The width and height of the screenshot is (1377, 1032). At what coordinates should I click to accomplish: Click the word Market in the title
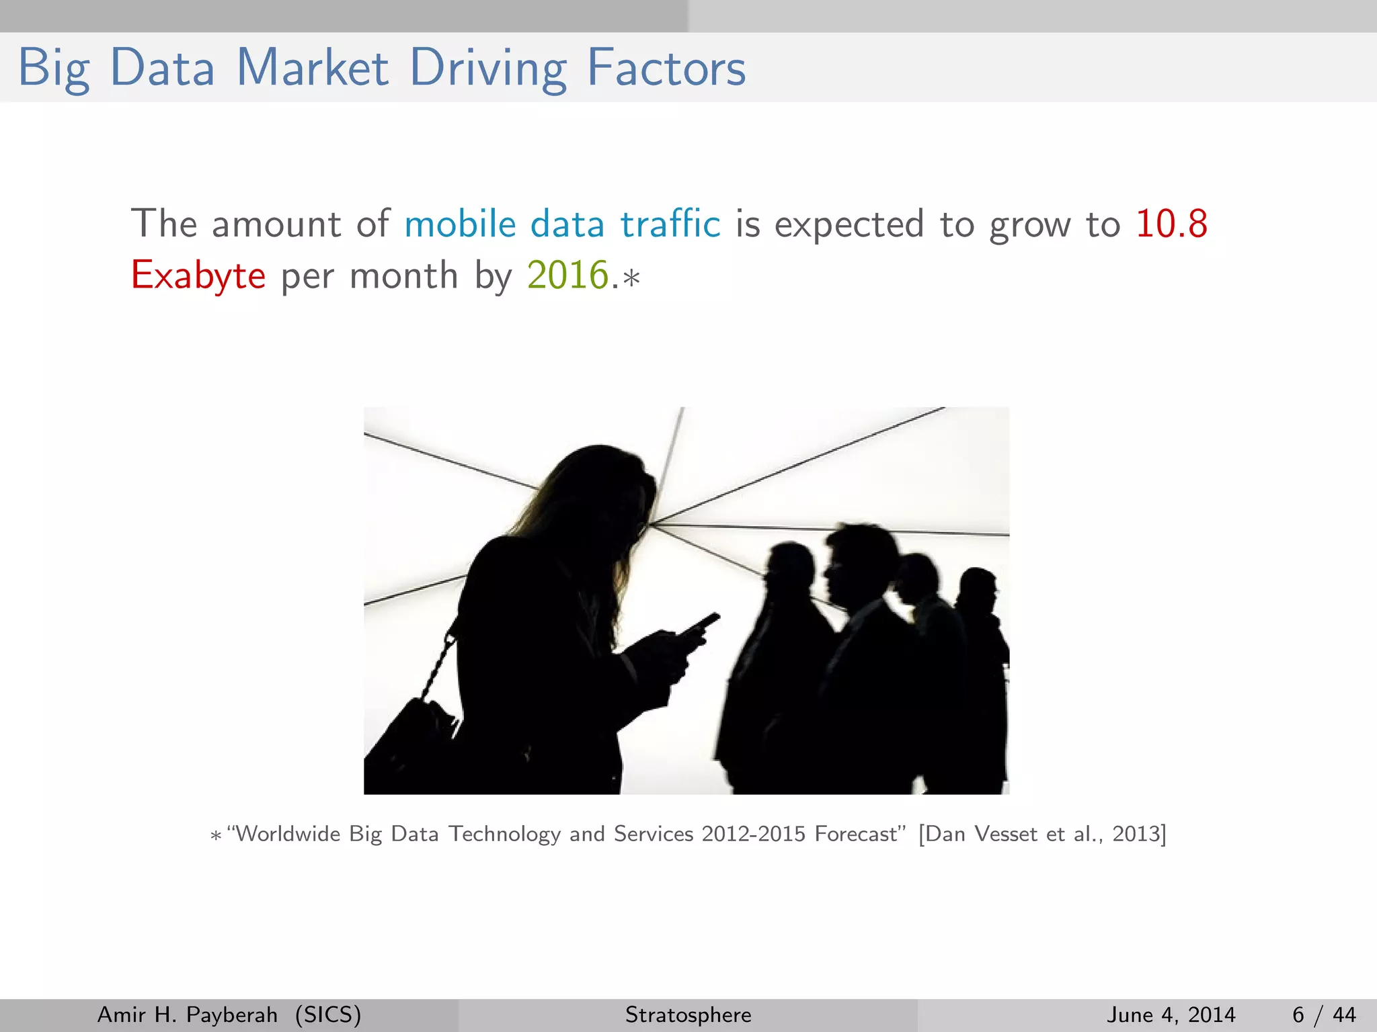click(313, 68)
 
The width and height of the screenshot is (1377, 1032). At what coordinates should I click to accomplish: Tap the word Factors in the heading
click(666, 68)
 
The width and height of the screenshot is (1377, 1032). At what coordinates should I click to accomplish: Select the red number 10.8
click(1171, 224)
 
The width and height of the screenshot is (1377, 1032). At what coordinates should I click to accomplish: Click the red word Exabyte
click(198, 275)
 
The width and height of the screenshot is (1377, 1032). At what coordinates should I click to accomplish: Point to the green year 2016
click(567, 275)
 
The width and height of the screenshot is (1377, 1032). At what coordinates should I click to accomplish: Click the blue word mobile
click(460, 224)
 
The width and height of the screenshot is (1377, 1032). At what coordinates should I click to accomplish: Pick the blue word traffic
click(670, 224)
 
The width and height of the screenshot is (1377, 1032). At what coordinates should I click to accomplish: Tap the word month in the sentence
click(403, 275)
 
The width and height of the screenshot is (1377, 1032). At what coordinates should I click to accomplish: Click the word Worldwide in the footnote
click(288, 834)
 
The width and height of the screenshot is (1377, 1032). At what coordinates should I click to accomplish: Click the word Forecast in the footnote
click(856, 834)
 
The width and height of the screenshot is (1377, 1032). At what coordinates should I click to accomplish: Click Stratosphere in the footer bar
click(688, 1015)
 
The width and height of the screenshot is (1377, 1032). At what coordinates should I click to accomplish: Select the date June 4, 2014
click(1171, 1015)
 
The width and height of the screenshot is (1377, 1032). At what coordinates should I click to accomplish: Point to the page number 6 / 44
click(1323, 1015)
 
